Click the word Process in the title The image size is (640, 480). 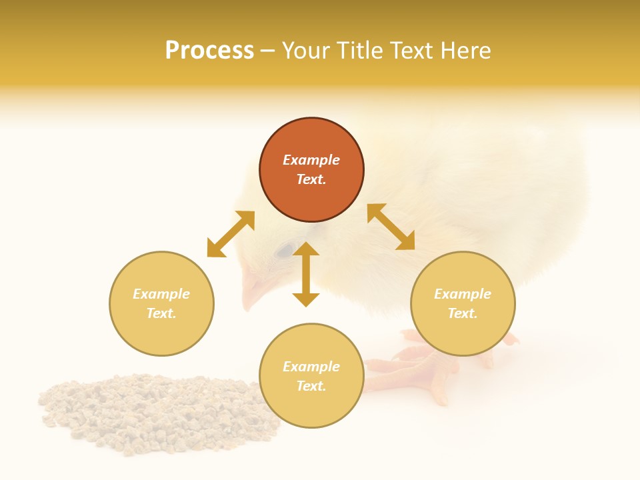point(209,51)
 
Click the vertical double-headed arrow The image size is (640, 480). point(306,274)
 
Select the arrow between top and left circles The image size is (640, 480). point(231,234)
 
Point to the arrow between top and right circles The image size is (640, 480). point(391,227)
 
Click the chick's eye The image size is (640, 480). point(286,250)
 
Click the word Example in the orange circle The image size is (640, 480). point(311,160)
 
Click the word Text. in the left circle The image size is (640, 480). point(161,313)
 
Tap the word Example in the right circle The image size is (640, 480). point(463,294)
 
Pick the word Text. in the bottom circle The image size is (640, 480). point(311,386)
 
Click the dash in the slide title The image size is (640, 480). point(267,51)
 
